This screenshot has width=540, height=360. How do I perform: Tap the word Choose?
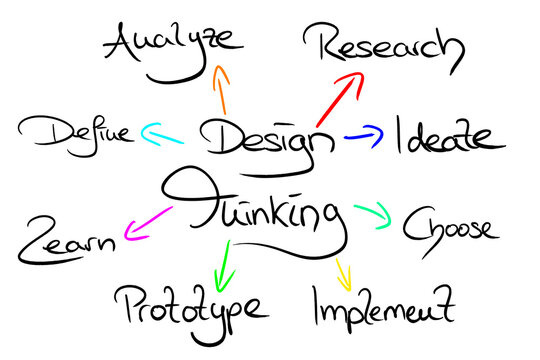coord(449,226)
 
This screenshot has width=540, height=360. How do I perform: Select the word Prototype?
coord(190,305)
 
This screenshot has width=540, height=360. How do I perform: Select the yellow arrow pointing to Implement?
coord(343,271)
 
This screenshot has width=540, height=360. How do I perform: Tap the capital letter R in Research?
coord(325,43)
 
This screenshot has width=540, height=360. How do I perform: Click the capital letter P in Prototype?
coord(128,305)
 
